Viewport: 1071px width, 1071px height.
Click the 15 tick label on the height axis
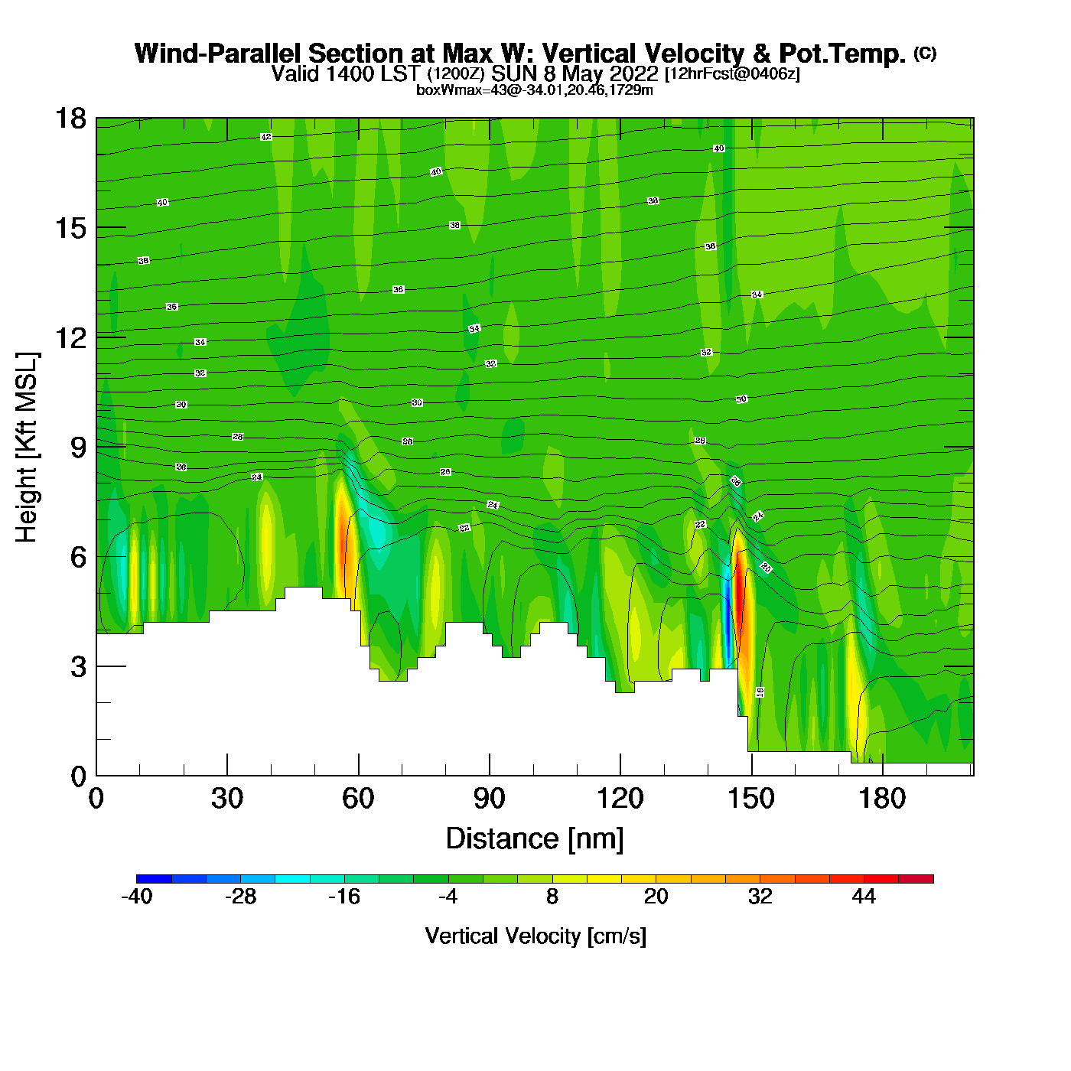[x=70, y=228]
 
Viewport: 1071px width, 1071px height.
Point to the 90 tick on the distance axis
[x=489, y=799]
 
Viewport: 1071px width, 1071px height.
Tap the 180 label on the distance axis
[x=882, y=799]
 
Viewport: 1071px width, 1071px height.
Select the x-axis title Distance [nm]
[x=535, y=839]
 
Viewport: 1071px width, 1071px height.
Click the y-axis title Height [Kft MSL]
[x=27, y=448]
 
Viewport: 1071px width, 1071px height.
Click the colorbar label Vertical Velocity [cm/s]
[x=535, y=936]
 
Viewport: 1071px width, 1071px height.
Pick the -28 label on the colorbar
[x=240, y=897]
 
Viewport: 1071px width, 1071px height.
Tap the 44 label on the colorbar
[x=864, y=897]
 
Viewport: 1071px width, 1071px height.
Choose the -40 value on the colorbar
[x=137, y=897]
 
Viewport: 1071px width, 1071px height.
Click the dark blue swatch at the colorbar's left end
[x=154, y=879]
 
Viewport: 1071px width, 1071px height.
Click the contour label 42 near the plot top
[x=266, y=137]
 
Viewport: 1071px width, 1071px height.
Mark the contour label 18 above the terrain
[x=760, y=692]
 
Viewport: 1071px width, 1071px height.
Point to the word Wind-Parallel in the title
[x=218, y=54]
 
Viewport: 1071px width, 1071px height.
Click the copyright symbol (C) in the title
[x=925, y=53]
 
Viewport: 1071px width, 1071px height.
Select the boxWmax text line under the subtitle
[x=535, y=90]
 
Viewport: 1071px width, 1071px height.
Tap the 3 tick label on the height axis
[x=78, y=666]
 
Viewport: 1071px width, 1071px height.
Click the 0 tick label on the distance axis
[x=96, y=799]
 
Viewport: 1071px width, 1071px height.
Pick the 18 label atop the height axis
[x=70, y=119]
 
